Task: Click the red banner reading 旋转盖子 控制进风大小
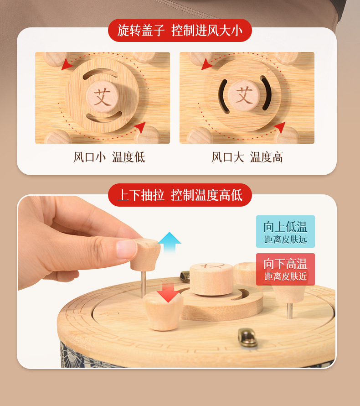(180, 30)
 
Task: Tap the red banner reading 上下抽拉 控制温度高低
(180, 195)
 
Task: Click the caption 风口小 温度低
(109, 157)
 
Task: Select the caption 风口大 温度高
(247, 157)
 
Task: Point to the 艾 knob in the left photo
(103, 96)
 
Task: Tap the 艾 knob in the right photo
(244, 95)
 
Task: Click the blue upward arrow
(170, 242)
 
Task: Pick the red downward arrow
(168, 292)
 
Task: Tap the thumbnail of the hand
(127, 249)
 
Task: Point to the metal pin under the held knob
(144, 284)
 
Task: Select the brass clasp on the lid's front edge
(248, 338)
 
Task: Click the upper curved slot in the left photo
(100, 73)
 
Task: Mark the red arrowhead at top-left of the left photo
(67, 64)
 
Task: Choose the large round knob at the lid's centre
(211, 279)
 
